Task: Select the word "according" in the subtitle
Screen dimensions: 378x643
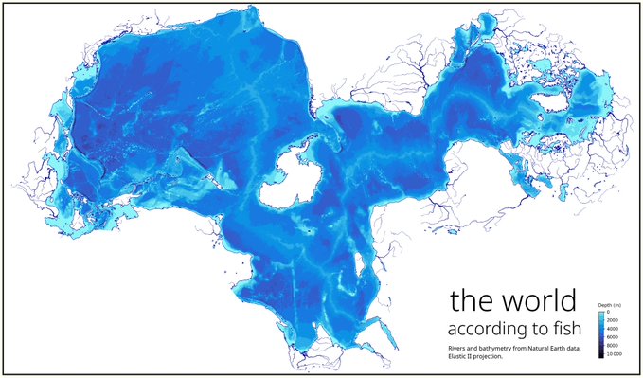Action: pos(469,329)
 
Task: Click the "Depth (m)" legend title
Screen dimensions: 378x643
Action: pos(609,305)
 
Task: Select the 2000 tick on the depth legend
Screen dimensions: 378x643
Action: pos(616,320)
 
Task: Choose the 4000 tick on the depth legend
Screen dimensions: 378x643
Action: pos(616,329)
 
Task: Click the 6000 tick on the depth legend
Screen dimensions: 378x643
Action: pos(616,337)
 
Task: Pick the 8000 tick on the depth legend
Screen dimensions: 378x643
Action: pos(616,346)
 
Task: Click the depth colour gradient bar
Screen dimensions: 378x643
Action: pos(601,333)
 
